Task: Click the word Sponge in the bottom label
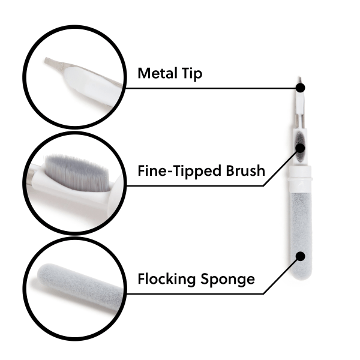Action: (227, 279)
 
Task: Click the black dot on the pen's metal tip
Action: (300, 88)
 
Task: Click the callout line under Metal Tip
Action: (210, 88)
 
